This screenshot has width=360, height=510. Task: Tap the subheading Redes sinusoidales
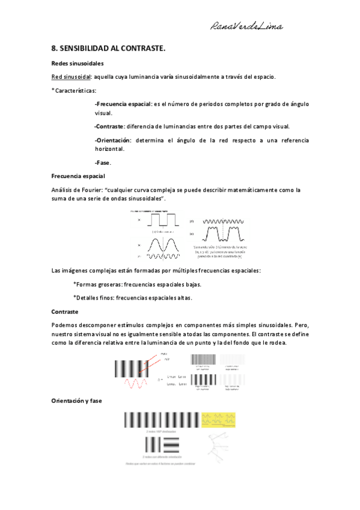(78, 63)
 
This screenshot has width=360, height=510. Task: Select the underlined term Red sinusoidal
(71, 77)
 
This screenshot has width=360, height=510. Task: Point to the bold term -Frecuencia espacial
(123, 104)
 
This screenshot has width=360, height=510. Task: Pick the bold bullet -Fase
(103, 162)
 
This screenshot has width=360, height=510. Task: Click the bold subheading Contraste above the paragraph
(65, 312)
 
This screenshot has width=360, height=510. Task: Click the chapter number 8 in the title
(54, 48)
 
